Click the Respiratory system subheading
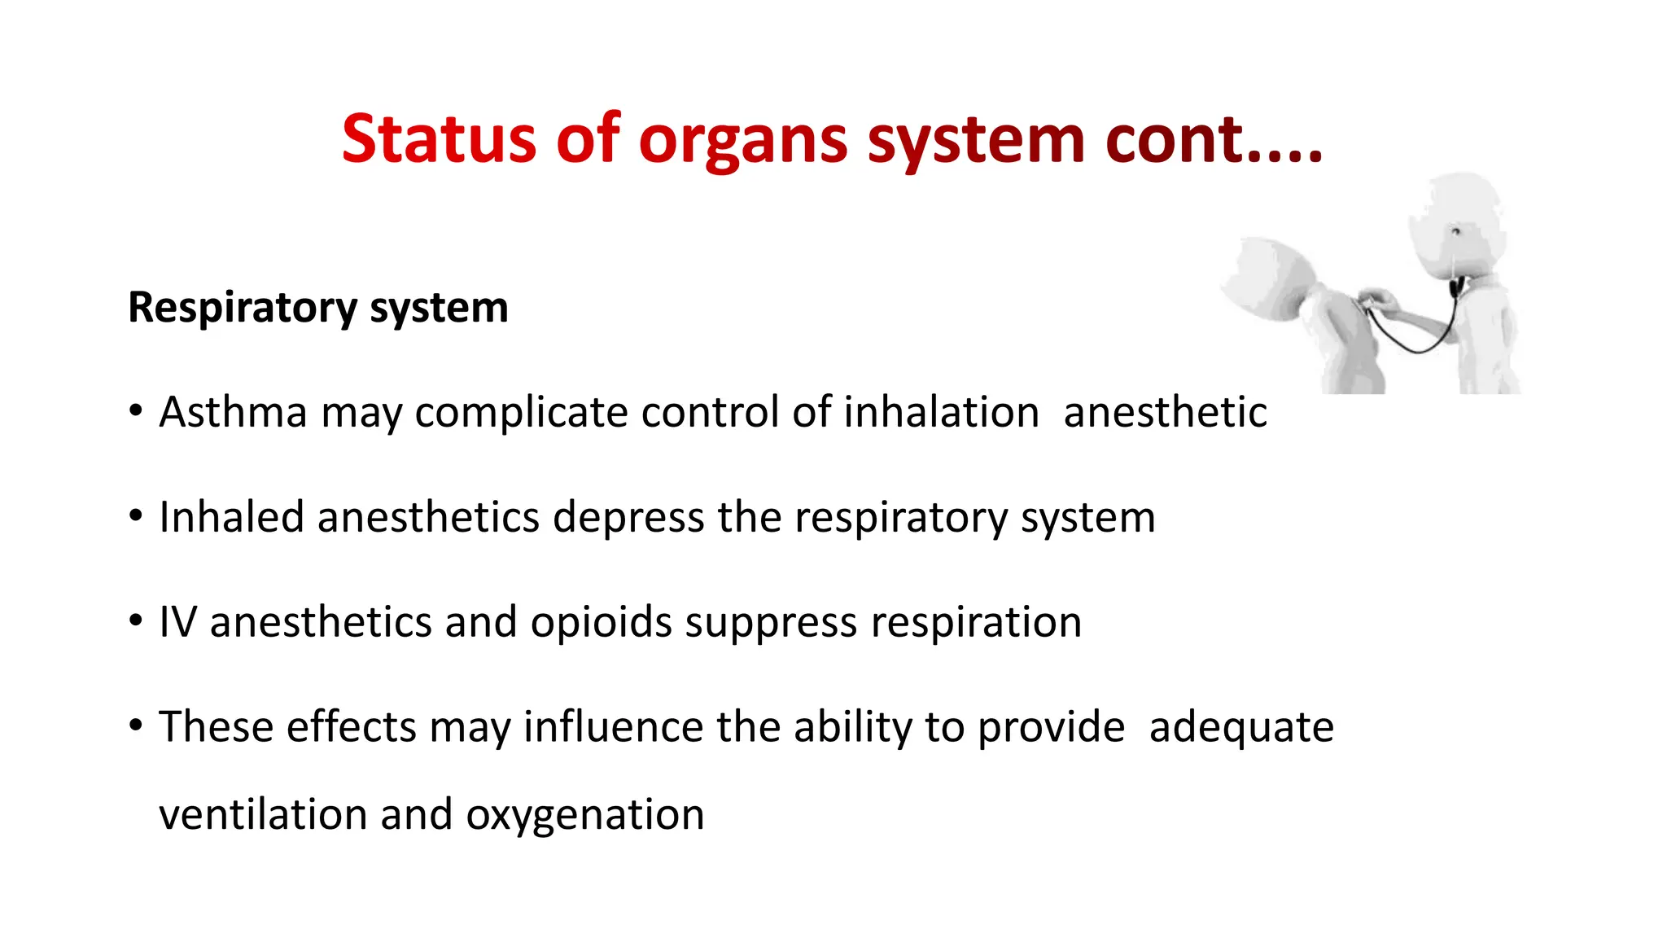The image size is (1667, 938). [x=318, y=308]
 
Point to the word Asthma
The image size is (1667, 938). [x=233, y=411]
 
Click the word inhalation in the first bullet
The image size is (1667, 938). [x=941, y=411]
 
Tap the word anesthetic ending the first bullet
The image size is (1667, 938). [x=1165, y=411]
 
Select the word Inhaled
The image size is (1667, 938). [x=231, y=517]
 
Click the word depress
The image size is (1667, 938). [x=628, y=519]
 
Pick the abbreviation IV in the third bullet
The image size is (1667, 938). [x=177, y=622]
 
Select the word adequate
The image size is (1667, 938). [x=1241, y=728]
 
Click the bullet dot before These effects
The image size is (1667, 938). [x=136, y=724]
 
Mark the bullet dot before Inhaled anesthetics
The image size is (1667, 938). [x=136, y=515]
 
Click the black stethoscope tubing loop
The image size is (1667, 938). [x=1416, y=341]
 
